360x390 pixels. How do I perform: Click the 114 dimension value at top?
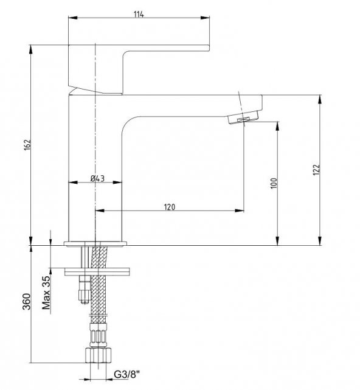pyautogui.click(x=139, y=14)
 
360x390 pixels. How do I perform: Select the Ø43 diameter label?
pyautogui.click(x=97, y=178)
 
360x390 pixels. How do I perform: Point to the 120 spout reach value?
pyautogui.click(x=170, y=207)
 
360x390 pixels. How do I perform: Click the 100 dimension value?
pyautogui.click(x=274, y=183)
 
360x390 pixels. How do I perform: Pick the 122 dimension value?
pyautogui.click(x=316, y=170)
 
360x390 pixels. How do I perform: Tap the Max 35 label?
pyautogui.click(x=46, y=293)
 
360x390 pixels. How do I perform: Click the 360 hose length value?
pyautogui.click(x=27, y=302)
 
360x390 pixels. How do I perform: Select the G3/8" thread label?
pyautogui.click(x=127, y=374)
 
